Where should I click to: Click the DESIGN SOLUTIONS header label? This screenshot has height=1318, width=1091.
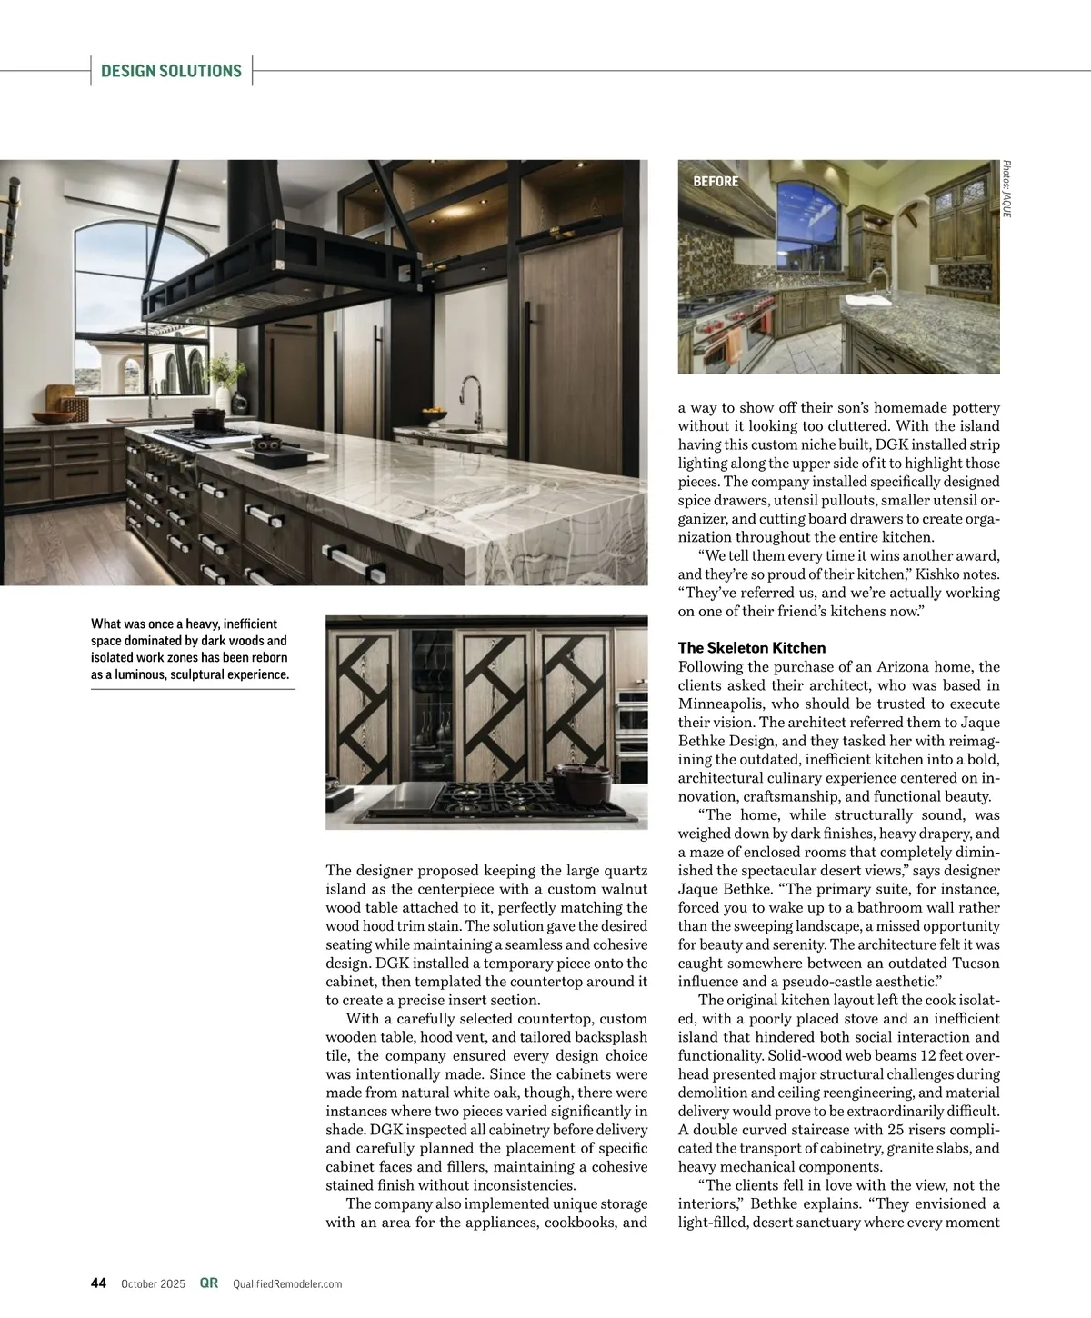[x=171, y=71]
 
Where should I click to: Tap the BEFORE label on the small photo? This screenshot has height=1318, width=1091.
[x=716, y=182]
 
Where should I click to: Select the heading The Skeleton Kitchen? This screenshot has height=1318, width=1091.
[x=752, y=648]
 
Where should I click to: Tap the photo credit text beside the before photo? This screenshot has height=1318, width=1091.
[x=1006, y=188]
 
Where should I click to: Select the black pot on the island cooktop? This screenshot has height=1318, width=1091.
[x=208, y=418]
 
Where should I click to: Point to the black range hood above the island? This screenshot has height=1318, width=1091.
[x=273, y=264]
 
